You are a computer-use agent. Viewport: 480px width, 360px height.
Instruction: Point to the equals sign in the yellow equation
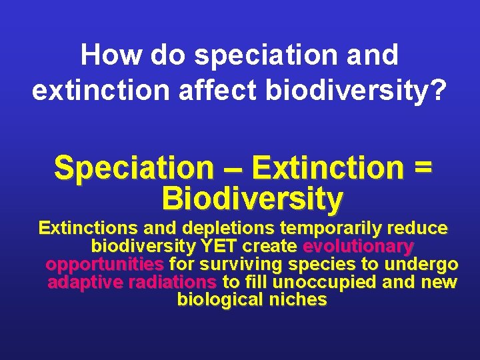click(x=422, y=168)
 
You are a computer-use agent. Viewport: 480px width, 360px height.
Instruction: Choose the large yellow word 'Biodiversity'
click(x=252, y=198)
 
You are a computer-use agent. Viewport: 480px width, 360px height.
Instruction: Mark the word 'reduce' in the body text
click(x=417, y=229)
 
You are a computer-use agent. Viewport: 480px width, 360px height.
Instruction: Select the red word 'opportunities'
click(x=105, y=265)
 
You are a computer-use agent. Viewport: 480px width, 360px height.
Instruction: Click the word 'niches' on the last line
click(x=298, y=301)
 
